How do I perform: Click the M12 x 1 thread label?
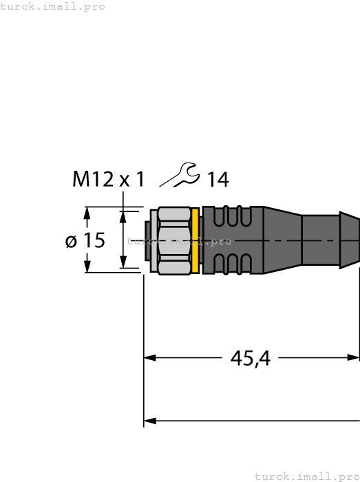point(109,180)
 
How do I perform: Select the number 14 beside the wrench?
point(218,180)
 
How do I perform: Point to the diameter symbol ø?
point(71,241)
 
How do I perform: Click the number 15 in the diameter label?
point(94,241)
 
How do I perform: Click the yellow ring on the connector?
point(196,240)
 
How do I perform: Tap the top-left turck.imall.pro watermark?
point(52,6)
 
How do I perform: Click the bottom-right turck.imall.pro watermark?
point(307,476)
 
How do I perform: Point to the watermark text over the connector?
point(179,242)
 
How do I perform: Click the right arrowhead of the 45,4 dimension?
point(353,358)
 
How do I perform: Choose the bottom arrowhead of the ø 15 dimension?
point(87,266)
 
